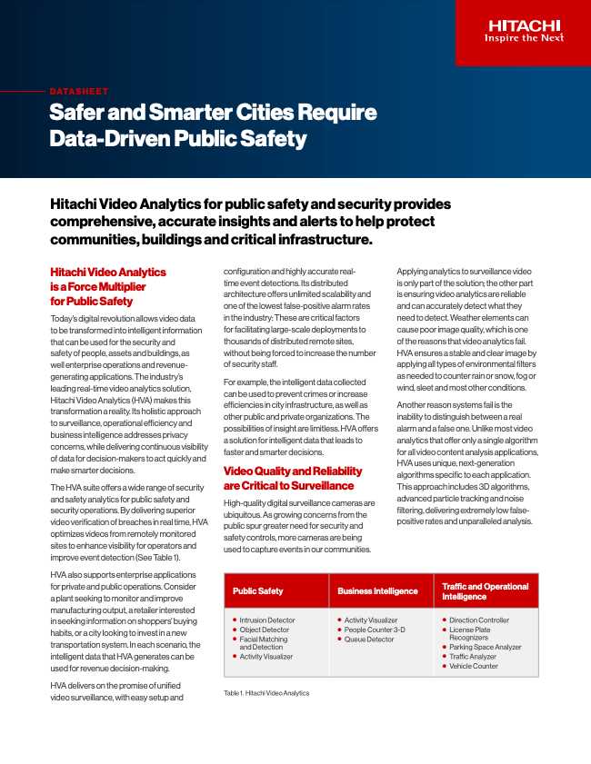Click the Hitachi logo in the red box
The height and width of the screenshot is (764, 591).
pyautogui.click(x=524, y=25)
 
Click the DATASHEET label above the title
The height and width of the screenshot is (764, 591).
pyautogui.click(x=79, y=92)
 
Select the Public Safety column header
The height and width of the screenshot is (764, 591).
pyautogui.click(x=257, y=591)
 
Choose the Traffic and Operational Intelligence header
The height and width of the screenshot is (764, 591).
pyautogui.click(x=485, y=591)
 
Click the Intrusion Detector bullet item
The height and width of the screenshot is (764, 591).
pyautogui.click(x=266, y=620)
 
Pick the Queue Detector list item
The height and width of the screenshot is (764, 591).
pyautogui.click(x=369, y=640)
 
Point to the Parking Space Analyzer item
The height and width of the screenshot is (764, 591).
pyautogui.click(x=485, y=647)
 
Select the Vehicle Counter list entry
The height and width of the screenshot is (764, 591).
pyautogui.click(x=474, y=666)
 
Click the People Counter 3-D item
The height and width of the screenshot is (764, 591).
pyautogui.click(x=375, y=630)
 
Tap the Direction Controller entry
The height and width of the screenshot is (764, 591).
pyautogui.click(x=479, y=620)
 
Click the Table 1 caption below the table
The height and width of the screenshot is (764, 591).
pyautogui.click(x=266, y=693)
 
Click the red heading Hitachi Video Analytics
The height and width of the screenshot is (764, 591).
pyautogui.click(x=107, y=272)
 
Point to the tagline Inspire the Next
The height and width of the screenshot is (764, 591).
pyautogui.click(x=524, y=38)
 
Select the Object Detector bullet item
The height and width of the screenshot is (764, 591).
pyautogui.click(x=264, y=630)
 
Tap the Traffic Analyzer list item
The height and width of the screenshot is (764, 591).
pyautogui.click(x=473, y=656)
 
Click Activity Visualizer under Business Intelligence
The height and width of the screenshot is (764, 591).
pyautogui.click(x=370, y=620)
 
